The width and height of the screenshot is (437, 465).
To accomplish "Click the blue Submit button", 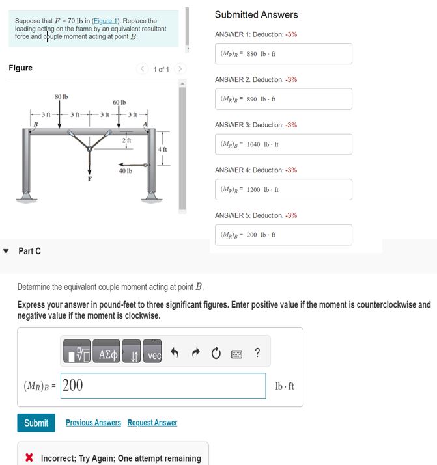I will [36, 423].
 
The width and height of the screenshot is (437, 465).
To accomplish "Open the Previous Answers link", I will [93, 423].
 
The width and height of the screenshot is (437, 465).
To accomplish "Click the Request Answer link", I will [152, 423].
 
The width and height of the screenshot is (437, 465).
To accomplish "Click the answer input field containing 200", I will [163, 385].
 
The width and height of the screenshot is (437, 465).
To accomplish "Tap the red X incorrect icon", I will [29, 458].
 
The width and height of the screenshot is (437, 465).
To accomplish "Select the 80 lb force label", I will [61, 97].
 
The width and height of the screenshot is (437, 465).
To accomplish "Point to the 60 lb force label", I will [119, 103].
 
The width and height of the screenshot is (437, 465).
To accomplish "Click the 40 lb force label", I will [126, 171].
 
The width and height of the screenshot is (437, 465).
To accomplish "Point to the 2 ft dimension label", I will [128, 140].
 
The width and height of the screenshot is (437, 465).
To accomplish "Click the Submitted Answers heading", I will [256, 14].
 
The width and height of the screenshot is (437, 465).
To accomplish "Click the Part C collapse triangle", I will [6, 251].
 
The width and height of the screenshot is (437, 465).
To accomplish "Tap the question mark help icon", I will [258, 353].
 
